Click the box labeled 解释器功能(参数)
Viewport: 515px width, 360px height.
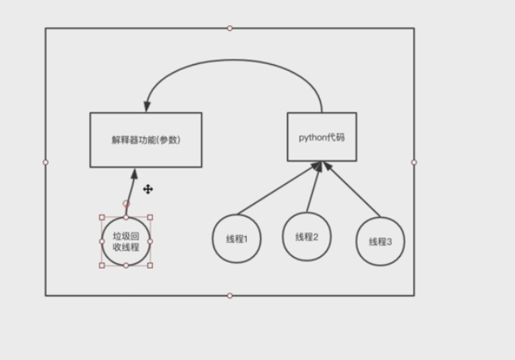[145, 140]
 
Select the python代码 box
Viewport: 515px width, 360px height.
[321, 137]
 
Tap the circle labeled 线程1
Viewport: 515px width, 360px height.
[237, 239]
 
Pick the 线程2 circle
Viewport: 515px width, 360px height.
[306, 236]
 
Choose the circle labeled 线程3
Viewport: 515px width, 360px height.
[380, 240]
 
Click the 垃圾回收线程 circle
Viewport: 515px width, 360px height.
[126, 241]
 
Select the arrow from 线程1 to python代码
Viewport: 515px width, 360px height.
[278, 190]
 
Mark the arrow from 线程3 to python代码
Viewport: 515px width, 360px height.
[353, 190]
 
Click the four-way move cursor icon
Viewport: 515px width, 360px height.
[148, 190]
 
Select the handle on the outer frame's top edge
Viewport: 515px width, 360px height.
[230, 29]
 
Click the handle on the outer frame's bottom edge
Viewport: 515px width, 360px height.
[230, 296]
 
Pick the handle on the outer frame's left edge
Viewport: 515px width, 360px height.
[45, 162]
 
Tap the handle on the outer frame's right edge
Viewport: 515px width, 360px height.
[414, 162]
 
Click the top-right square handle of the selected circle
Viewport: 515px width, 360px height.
[151, 217]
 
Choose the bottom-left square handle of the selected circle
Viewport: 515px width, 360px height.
[102, 266]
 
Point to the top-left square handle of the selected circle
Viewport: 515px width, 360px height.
[102, 217]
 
